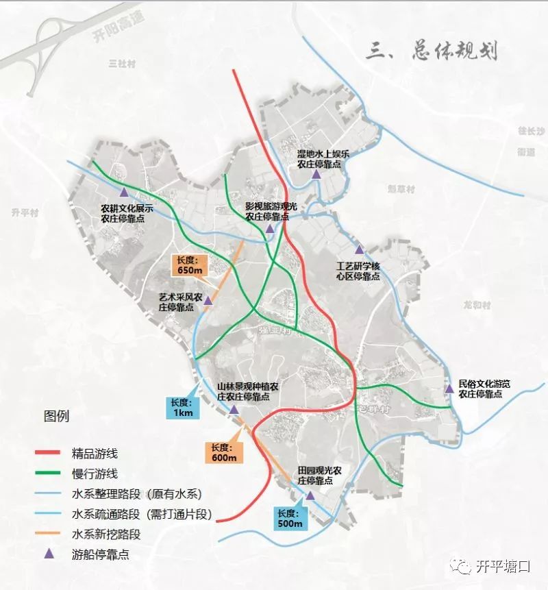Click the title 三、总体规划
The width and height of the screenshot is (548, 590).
tap(432, 52)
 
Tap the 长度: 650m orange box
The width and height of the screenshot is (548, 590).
tap(187, 265)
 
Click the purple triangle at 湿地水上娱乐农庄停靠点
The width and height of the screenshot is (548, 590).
tap(316, 175)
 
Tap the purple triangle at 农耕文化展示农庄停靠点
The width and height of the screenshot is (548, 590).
tap(123, 193)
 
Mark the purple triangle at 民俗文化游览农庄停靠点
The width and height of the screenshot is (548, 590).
tap(449, 389)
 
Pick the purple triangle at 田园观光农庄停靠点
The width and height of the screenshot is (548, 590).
tap(310, 495)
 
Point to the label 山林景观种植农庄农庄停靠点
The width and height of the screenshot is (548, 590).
tap(247, 392)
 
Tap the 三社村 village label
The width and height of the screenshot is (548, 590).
tap(119, 63)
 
